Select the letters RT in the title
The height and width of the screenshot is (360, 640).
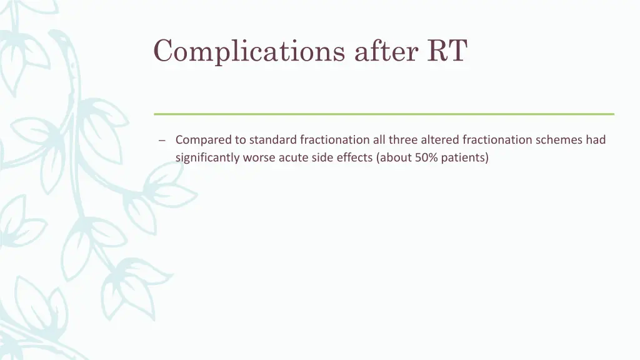(x=447, y=51)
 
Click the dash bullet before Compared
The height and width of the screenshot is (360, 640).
(x=162, y=141)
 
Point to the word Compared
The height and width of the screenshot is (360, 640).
(x=204, y=140)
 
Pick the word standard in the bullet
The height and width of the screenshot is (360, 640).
(x=273, y=140)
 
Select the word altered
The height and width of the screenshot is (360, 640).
(x=441, y=140)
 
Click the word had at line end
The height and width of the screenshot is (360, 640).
(x=596, y=140)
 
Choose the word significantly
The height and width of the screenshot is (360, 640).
(x=207, y=157)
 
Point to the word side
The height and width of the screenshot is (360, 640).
(x=322, y=157)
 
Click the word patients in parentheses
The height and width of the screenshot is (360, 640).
(x=464, y=157)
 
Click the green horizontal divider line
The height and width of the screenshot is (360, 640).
(x=384, y=114)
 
